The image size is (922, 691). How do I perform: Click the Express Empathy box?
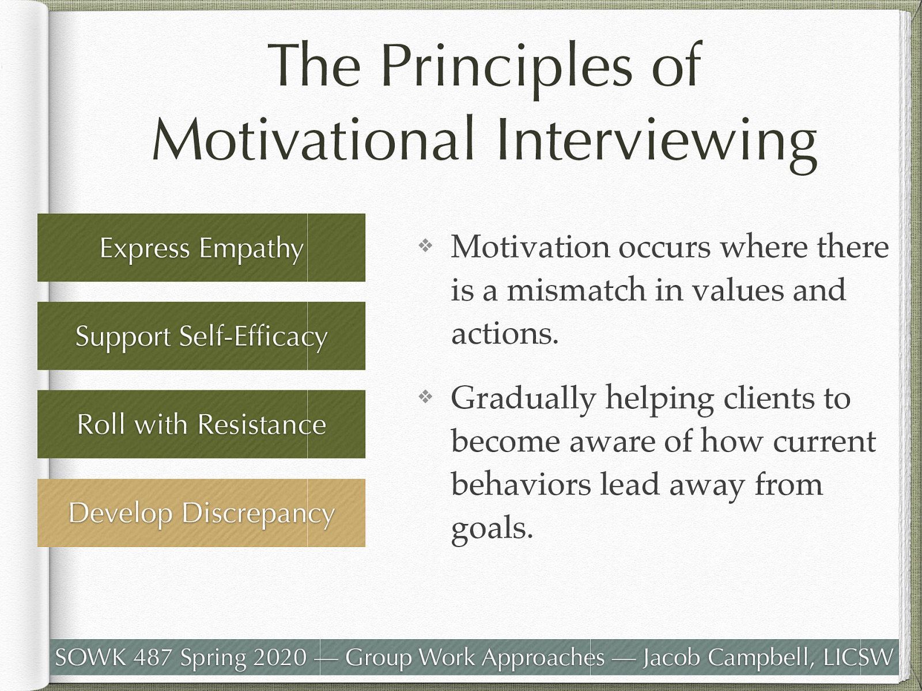[201, 248]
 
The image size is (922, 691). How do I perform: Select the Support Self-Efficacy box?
[201, 336]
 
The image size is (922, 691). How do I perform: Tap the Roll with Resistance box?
[201, 424]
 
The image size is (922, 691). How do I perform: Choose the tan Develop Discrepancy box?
[201, 513]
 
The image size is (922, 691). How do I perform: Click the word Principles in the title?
[506, 66]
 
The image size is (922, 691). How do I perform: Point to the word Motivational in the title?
[313, 140]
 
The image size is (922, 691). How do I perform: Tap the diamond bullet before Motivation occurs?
[425, 246]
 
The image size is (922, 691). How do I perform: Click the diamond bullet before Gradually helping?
[425, 397]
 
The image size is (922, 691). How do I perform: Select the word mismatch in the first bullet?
[576, 290]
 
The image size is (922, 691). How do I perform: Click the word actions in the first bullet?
[504, 333]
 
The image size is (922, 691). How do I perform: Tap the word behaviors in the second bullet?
[521, 484]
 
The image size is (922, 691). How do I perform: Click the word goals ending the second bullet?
[491, 528]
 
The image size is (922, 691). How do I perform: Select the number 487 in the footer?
[153, 657]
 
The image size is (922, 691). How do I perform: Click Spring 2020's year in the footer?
[280, 657]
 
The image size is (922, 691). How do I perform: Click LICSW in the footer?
[859, 657]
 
